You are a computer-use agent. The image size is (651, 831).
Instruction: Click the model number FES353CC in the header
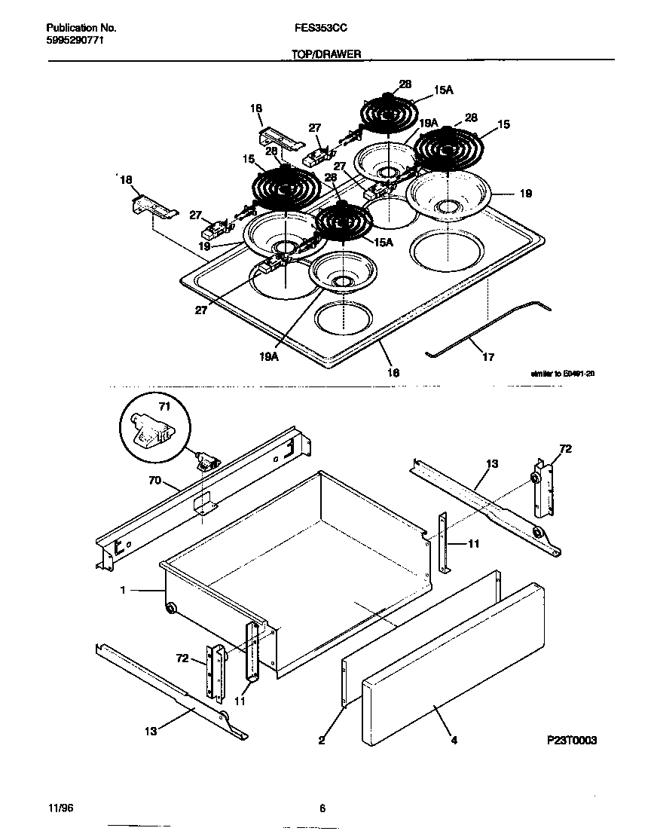coord(321,28)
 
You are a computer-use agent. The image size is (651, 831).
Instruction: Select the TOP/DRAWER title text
coord(325,54)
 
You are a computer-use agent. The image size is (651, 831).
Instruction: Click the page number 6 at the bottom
coord(322,809)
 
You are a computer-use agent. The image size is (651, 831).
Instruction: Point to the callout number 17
coord(487,357)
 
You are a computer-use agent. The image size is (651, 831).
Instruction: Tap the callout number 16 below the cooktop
coord(393,372)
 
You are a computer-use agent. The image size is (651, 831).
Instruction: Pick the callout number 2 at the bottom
coord(321,741)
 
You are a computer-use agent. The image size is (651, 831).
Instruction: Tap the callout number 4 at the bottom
coord(454,741)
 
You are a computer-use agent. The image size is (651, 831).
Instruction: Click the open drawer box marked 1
coord(301,558)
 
